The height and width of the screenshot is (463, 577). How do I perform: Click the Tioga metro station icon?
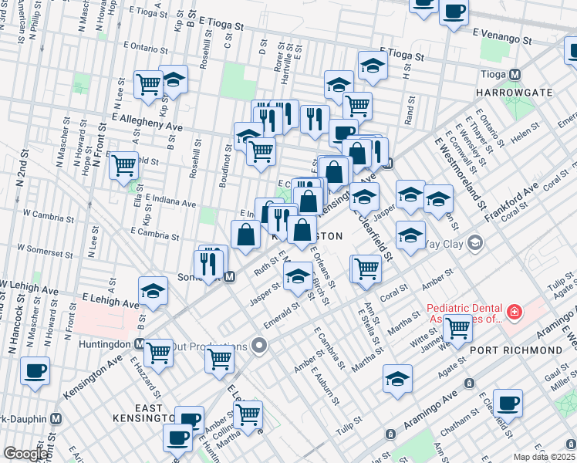(x=515, y=75)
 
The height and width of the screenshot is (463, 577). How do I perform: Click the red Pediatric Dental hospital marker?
(x=514, y=313)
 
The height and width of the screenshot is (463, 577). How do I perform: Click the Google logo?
(x=25, y=454)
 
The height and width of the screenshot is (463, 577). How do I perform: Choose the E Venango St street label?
(x=502, y=35)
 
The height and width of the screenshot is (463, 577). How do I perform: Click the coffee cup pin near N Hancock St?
(x=35, y=370)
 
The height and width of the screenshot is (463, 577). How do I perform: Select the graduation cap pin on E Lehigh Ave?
(x=153, y=291)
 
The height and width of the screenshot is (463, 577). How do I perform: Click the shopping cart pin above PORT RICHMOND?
(x=458, y=327)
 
